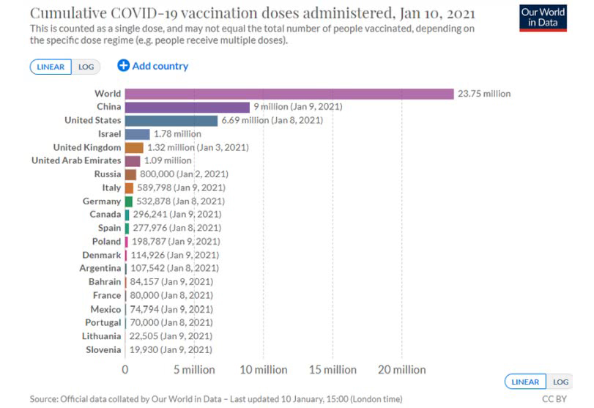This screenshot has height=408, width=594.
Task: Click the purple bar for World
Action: pos(289,94)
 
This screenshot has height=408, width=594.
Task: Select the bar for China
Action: pos(187,107)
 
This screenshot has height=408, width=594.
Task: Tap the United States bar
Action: pos(171,120)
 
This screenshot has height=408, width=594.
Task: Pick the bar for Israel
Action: pos(137,134)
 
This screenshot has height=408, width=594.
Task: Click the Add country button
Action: pos(153,66)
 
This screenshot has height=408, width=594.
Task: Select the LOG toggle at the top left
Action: pos(86,67)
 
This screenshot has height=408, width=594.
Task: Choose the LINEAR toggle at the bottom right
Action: pos(524,382)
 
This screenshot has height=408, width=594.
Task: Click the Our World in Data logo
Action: pos(543,18)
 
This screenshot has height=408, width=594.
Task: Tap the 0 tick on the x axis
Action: pos(125,370)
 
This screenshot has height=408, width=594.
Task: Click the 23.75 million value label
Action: pos(484,94)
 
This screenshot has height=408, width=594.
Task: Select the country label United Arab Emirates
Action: pos(77,160)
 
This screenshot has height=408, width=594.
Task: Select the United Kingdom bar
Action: pos(134,147)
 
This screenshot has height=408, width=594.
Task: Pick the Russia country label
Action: pos(108,174)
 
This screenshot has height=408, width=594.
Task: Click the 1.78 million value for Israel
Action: pos(177,134)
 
